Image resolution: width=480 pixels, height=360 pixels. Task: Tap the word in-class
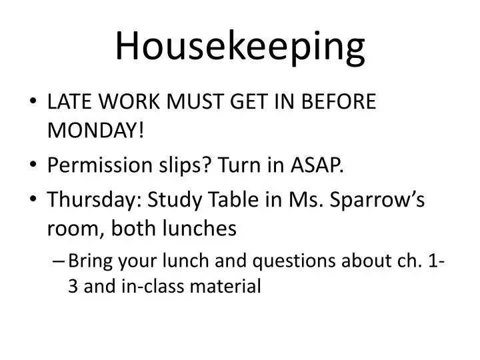click(152, 287)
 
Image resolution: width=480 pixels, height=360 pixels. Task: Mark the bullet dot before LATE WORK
click(33, 103)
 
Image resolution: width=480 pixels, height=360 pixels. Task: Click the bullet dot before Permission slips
click(33, 165)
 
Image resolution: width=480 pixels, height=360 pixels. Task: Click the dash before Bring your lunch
click(58, 261)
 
